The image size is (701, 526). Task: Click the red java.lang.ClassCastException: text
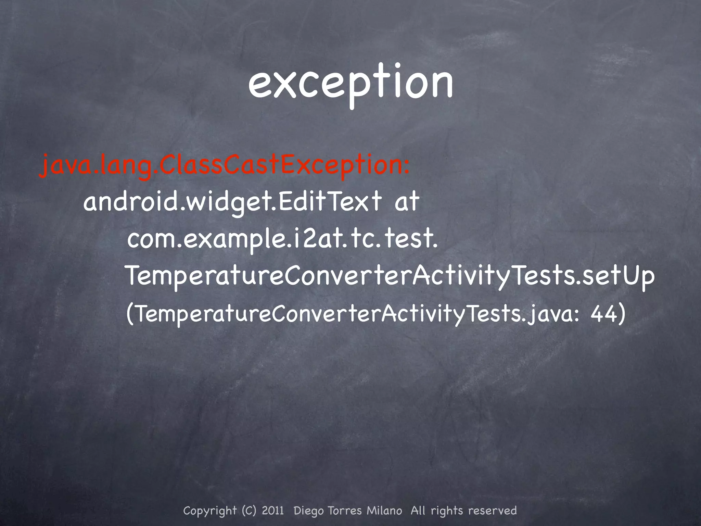tap(224, 167)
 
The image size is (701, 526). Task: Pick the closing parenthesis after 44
tap(621, 314)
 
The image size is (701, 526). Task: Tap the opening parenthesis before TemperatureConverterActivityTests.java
tap(130, 314)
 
